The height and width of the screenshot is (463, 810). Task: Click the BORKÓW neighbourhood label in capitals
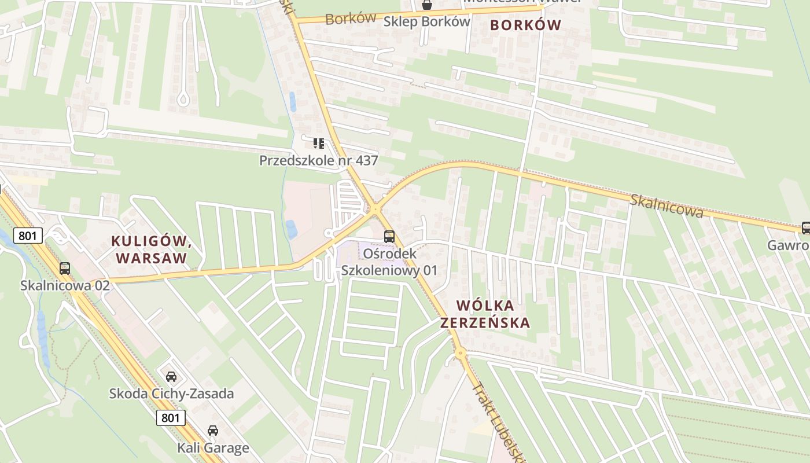[x=525, y=25]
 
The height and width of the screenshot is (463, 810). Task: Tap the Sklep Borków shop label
[x=426, y=21]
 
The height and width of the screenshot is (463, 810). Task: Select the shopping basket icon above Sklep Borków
[x=426, y=5]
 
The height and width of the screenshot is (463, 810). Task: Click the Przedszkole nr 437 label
[x=318, y=160]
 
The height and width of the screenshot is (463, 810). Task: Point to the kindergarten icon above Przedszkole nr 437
[x=318, y=143]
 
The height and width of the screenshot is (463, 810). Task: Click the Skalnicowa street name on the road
[x=667, y=205]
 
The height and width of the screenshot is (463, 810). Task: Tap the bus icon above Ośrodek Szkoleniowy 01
[x=389, y=236]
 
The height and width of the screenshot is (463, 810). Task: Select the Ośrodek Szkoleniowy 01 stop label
[x=389, y=262]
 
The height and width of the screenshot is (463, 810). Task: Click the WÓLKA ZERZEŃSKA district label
[x=485, y=314]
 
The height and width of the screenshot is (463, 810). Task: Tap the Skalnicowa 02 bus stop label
[x=65, y=285]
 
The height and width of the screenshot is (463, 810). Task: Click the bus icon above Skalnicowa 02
[x=65, y=269]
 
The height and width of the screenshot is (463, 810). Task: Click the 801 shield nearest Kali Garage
[x=171, y=417]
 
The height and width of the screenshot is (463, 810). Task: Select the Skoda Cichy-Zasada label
[x=171, y=394]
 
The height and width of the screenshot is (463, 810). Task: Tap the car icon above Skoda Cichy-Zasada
[x=171, y=377]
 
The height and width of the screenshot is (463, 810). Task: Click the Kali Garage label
[x=213, y=447]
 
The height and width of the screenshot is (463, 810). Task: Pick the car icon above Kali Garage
[x=213, y=431]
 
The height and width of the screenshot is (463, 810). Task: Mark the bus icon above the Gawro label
[x=805, y=228]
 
